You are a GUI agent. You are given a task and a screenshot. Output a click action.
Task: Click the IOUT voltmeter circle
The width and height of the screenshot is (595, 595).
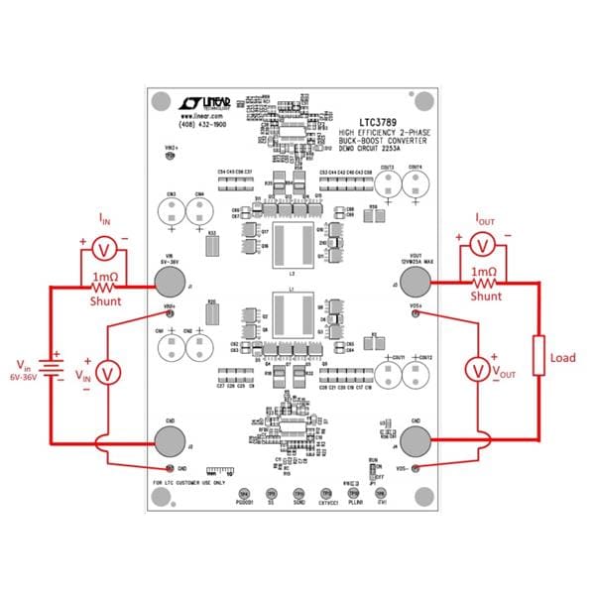483,244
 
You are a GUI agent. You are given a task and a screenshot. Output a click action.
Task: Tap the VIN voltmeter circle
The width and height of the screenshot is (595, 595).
111,370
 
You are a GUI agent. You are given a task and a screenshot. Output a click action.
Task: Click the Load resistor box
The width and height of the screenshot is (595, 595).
539,355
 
